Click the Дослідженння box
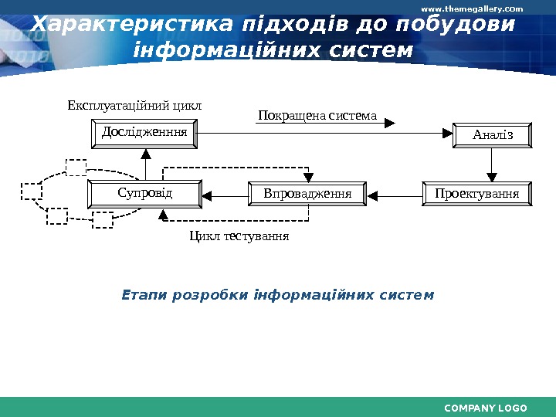coord(145,134)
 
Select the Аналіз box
coord(493,135)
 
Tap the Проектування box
coord(476,193)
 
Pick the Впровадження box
coord(307,193)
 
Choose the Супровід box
coord(144,192)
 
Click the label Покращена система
coord(317,117)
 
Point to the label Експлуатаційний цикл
coord(134,105)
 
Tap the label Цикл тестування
coord(239,236)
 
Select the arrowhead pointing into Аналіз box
coord(446,134)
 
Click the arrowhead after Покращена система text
coord(390,122)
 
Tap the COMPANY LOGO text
coord(486,408)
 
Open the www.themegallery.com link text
coord(471,8)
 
